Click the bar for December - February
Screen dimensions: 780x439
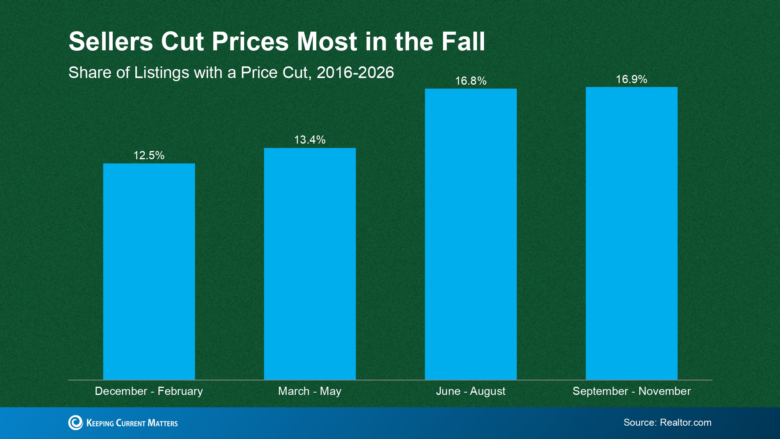[149, 272]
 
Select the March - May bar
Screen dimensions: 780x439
[310, 264]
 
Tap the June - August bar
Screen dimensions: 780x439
[471, 234]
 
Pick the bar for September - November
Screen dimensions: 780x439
[631, 233]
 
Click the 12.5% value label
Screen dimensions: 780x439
[149, 155]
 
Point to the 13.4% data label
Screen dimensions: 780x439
[310, 140]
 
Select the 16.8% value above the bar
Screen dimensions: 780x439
[471, 81]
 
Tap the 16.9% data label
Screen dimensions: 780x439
[631, 79]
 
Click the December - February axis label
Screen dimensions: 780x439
[149, 391]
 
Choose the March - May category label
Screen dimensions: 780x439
[310, 391]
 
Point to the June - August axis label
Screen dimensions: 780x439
[471, 391]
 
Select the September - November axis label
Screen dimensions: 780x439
[631, 391]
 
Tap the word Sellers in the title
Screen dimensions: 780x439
[111, 41]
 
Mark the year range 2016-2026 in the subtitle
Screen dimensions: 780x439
[355, 73]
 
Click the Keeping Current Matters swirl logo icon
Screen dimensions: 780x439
[76, 423]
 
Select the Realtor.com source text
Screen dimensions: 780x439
[686, 423]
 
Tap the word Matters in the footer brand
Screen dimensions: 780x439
[163, 423]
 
